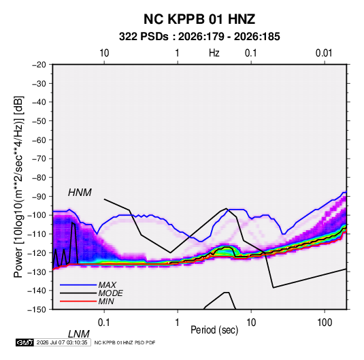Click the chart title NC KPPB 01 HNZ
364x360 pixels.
[199, 19]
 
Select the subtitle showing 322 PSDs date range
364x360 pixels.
[199, 37]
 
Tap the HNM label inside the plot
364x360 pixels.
[80, 193]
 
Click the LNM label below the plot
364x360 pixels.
[79, 334]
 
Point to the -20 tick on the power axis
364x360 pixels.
[39, 65]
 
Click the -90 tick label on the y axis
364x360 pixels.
[39, 196]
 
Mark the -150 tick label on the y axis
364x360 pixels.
[37, 310]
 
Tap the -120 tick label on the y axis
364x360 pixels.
[37, 252]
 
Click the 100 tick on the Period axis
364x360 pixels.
[325, 323]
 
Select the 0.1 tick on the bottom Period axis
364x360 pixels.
[104, 323]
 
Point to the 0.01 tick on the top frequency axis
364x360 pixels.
[324, 53]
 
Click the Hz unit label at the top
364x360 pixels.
[214, 53]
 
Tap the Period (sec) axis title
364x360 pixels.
[214, 330]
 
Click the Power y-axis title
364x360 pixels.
[18, 187]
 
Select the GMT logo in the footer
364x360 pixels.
[25, 342]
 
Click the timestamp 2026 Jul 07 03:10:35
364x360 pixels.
[62, 342]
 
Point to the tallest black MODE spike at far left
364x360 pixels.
[73, 223]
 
